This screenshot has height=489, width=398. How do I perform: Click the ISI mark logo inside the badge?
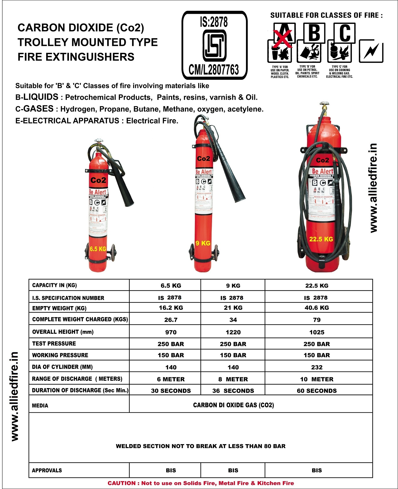coord(214,45)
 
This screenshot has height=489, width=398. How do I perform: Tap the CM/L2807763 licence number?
coord(214,70)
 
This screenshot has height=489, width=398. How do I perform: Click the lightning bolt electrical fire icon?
coord(371,51)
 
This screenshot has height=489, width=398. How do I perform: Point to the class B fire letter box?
coord(314,33)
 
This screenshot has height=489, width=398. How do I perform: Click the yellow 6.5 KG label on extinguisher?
coord(98,249)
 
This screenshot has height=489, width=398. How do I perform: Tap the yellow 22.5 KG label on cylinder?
coord(321,239)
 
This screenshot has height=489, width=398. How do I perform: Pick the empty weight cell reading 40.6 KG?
coord(317,308)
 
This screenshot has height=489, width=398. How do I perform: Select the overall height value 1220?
coord(233,332)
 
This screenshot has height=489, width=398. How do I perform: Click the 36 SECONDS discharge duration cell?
coord(233,391)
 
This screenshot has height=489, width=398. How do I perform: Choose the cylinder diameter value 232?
coord(317,367)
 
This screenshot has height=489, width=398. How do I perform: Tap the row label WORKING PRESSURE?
coord(60,355)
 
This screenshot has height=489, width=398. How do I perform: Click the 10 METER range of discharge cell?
coord(317,379)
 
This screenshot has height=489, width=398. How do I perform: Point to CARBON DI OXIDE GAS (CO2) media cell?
coord(233,405)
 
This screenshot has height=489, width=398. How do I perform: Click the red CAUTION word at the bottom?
coord(122,483)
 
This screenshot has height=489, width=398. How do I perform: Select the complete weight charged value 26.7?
coord(171,320)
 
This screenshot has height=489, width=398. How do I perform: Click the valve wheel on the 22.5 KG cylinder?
coord(324,104)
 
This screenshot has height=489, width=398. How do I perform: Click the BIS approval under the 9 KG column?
coord(233,470)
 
